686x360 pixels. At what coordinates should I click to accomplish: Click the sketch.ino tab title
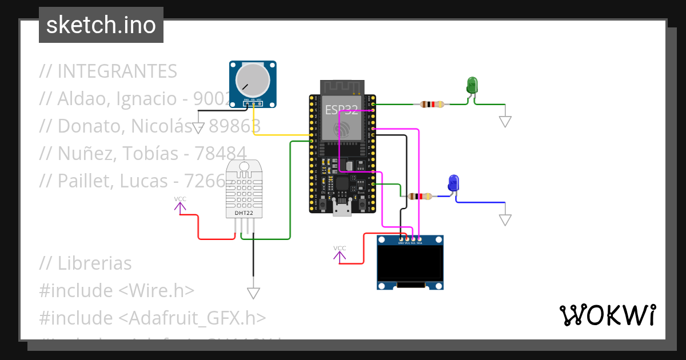(x=101, y=25)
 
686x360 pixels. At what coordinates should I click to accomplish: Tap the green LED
(x=472, y=85)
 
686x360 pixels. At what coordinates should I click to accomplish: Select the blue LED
(x=453, y=183)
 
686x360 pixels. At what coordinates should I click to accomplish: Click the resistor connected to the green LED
(x=432, y=104)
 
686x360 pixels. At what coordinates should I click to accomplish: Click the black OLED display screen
(x=410, y=262)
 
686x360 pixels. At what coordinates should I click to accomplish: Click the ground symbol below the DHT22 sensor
(x=253, y=293)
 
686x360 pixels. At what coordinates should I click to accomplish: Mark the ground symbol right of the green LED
(x=505, y=121)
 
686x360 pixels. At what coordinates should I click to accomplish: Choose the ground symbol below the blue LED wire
(x=505, y=220)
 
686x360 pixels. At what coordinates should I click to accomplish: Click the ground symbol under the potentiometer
(x=198, y=128)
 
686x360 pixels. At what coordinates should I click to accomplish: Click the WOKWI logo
(x=607, y=315)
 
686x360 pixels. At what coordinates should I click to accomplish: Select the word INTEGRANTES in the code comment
(x=117, y=71)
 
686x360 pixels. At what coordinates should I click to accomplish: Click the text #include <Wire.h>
(x=117, y=290)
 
